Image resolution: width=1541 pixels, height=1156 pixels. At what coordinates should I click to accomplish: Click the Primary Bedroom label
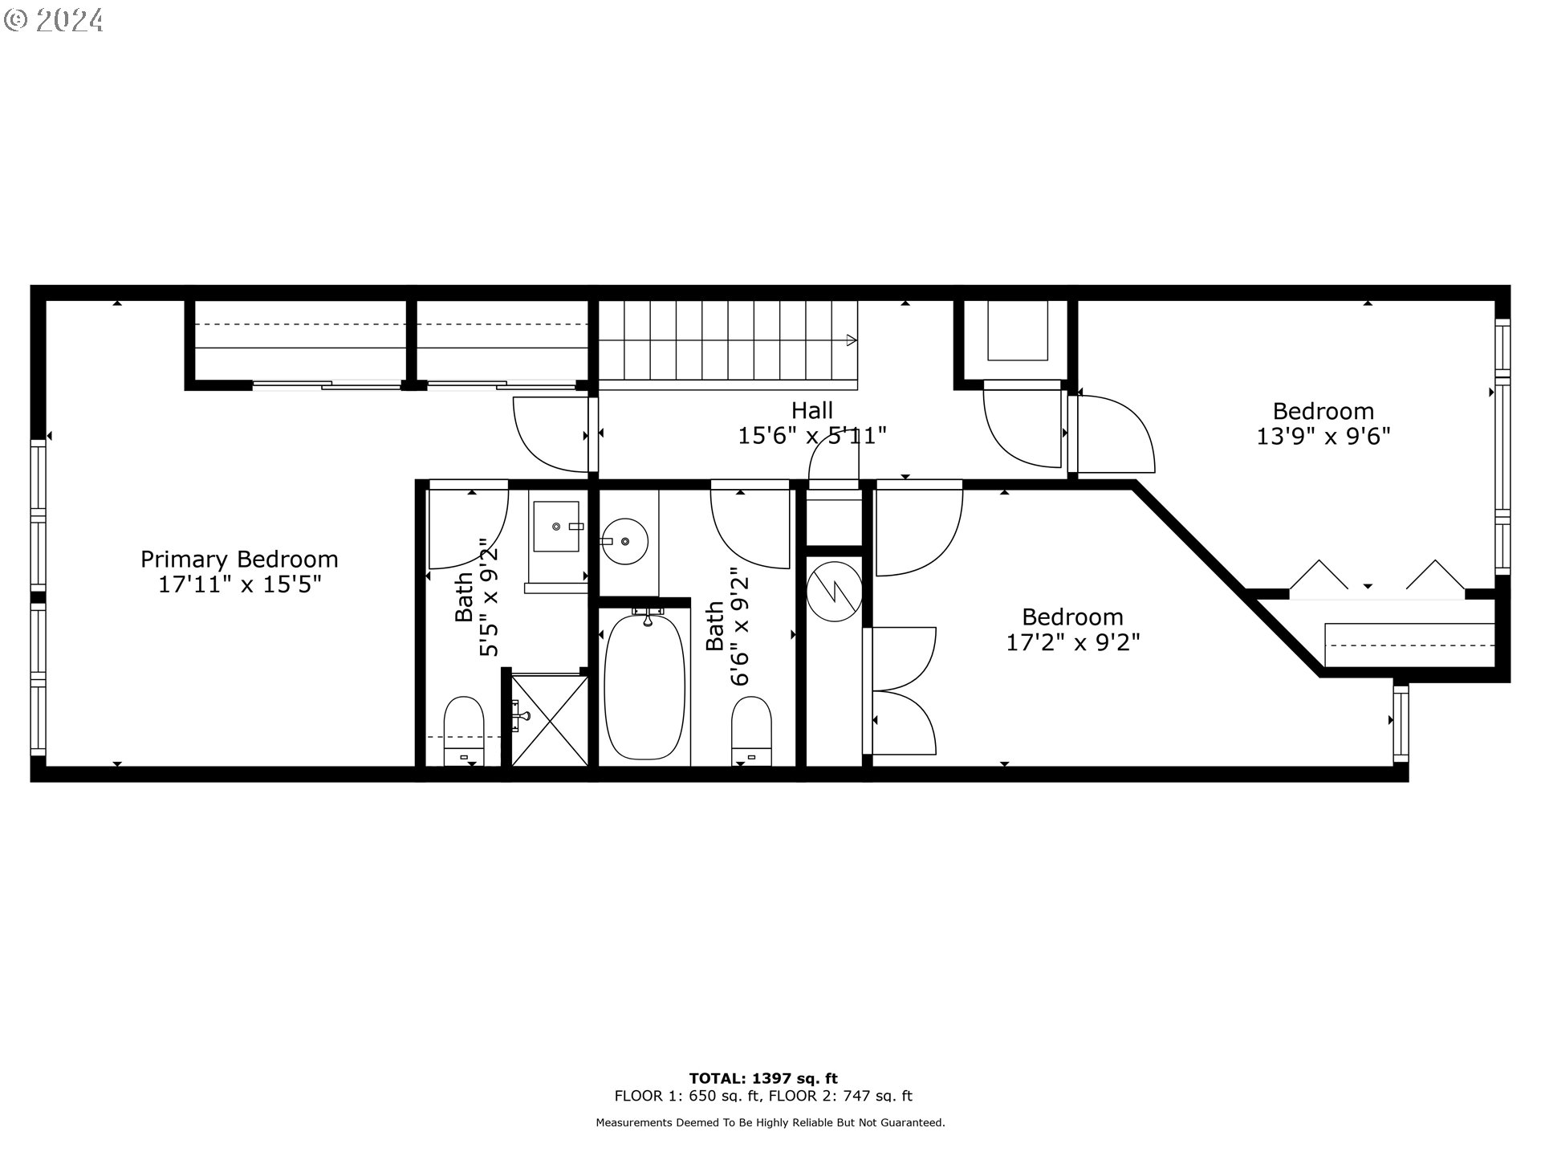point(239,559)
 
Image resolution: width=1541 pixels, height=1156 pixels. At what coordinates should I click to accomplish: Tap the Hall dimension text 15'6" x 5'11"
point(812,436)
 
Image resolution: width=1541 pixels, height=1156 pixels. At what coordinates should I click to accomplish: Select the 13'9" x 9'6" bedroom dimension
point(1323,436)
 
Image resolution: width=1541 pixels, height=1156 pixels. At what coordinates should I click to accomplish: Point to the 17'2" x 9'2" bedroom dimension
point(1073,642)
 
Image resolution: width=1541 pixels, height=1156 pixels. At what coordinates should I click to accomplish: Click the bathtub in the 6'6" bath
point(645,686)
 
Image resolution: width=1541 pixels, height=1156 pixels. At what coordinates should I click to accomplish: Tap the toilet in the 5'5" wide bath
point(464,731)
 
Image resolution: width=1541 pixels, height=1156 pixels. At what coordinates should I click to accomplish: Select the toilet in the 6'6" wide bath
point(751,731)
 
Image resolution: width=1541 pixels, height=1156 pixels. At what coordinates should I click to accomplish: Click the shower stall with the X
point(550,720)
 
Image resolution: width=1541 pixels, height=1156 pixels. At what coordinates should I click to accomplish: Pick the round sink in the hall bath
point(624,543)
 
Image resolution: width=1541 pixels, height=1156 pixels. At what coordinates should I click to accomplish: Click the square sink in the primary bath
point(556,527)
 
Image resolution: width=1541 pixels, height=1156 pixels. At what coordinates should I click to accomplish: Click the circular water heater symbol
point(835,593)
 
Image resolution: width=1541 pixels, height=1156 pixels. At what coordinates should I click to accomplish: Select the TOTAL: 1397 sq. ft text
point(763,1078)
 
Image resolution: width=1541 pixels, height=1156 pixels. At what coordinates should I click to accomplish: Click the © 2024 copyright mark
point(53,19)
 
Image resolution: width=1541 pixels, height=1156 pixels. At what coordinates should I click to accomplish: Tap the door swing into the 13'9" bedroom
point(1116,433)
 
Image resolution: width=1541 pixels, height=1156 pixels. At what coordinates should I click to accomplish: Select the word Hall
point(812,411)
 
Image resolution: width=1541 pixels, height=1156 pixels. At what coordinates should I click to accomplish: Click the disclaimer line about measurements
point(770,1123)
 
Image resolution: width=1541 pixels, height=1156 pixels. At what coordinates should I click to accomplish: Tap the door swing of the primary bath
point(469,525)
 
